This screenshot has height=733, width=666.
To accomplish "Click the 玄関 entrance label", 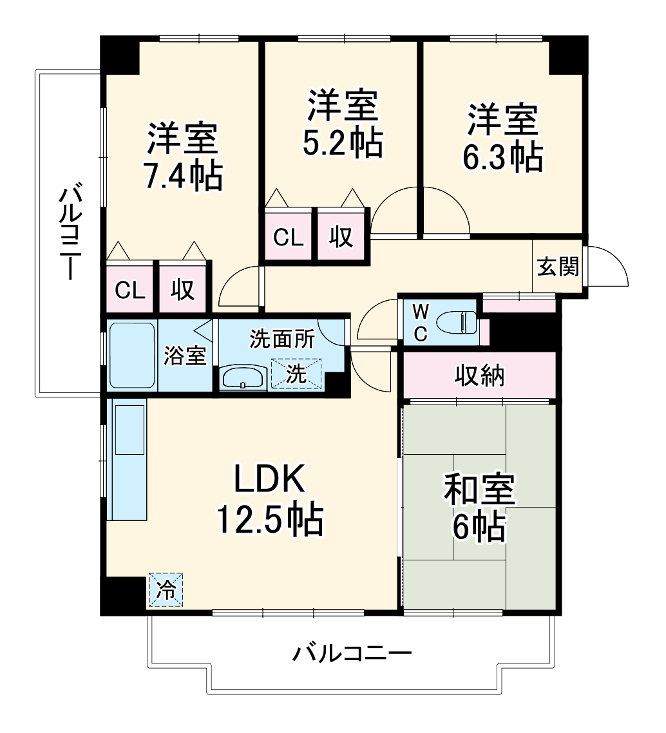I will click(558, 266).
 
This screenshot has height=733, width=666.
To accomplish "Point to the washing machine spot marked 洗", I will click(296, 373).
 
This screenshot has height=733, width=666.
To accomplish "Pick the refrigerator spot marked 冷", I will click(166, 589).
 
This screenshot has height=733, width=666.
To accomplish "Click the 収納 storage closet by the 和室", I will click(479, 375).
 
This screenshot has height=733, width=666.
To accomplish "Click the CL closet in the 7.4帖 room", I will click(130, 290).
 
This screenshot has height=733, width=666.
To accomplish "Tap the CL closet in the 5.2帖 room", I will click(288, 237).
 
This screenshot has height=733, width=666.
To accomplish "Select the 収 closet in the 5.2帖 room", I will click(342, 237).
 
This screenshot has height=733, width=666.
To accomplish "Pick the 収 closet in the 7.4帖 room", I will click(184, 290).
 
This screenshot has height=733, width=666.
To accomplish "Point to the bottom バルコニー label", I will click(352, 655).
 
